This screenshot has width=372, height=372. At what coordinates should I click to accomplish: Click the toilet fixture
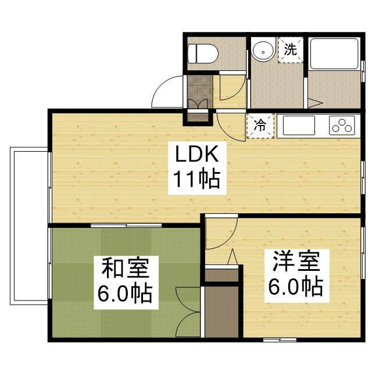tap(203, 54)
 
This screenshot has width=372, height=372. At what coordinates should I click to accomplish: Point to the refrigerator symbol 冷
tap(260, 125)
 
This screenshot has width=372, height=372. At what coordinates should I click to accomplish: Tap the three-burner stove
tap(342, 125)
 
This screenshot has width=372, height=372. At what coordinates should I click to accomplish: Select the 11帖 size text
tap(194, 180)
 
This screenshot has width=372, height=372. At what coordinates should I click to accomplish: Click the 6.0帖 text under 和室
tap(125, 294)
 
